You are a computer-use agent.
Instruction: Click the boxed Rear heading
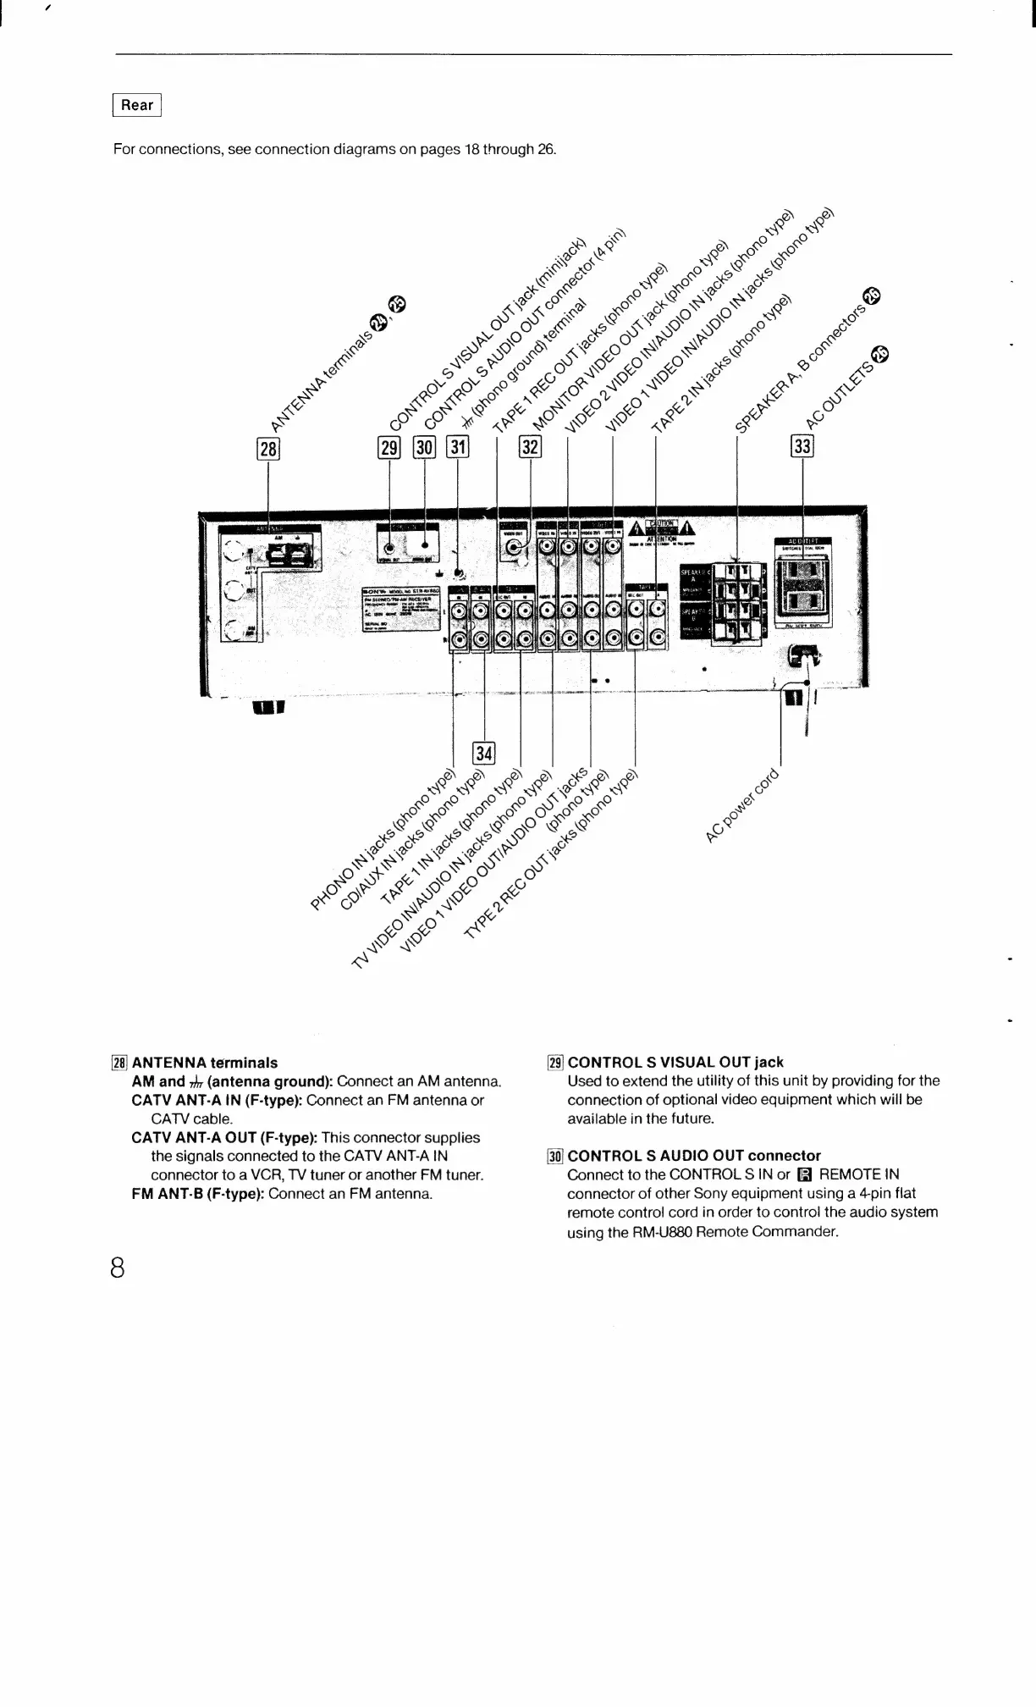(137, 106)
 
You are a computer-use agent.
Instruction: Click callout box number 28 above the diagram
(267, 448)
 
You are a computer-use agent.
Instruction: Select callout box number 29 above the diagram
(388, 448)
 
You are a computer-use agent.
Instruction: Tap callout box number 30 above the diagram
(424, 448)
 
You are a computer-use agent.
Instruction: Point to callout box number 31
(458, 448)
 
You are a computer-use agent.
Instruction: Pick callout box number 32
(530, 448)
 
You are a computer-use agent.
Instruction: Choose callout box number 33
(802, 446)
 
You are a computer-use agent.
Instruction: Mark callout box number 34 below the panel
(484, 752)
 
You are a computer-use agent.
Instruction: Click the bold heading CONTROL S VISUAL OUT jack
(675, 1062)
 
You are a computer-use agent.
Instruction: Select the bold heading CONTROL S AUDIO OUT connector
(694, 1155)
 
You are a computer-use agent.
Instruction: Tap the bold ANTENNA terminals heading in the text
(205, 1062)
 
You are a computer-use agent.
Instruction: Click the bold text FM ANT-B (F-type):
(198, 1193)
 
